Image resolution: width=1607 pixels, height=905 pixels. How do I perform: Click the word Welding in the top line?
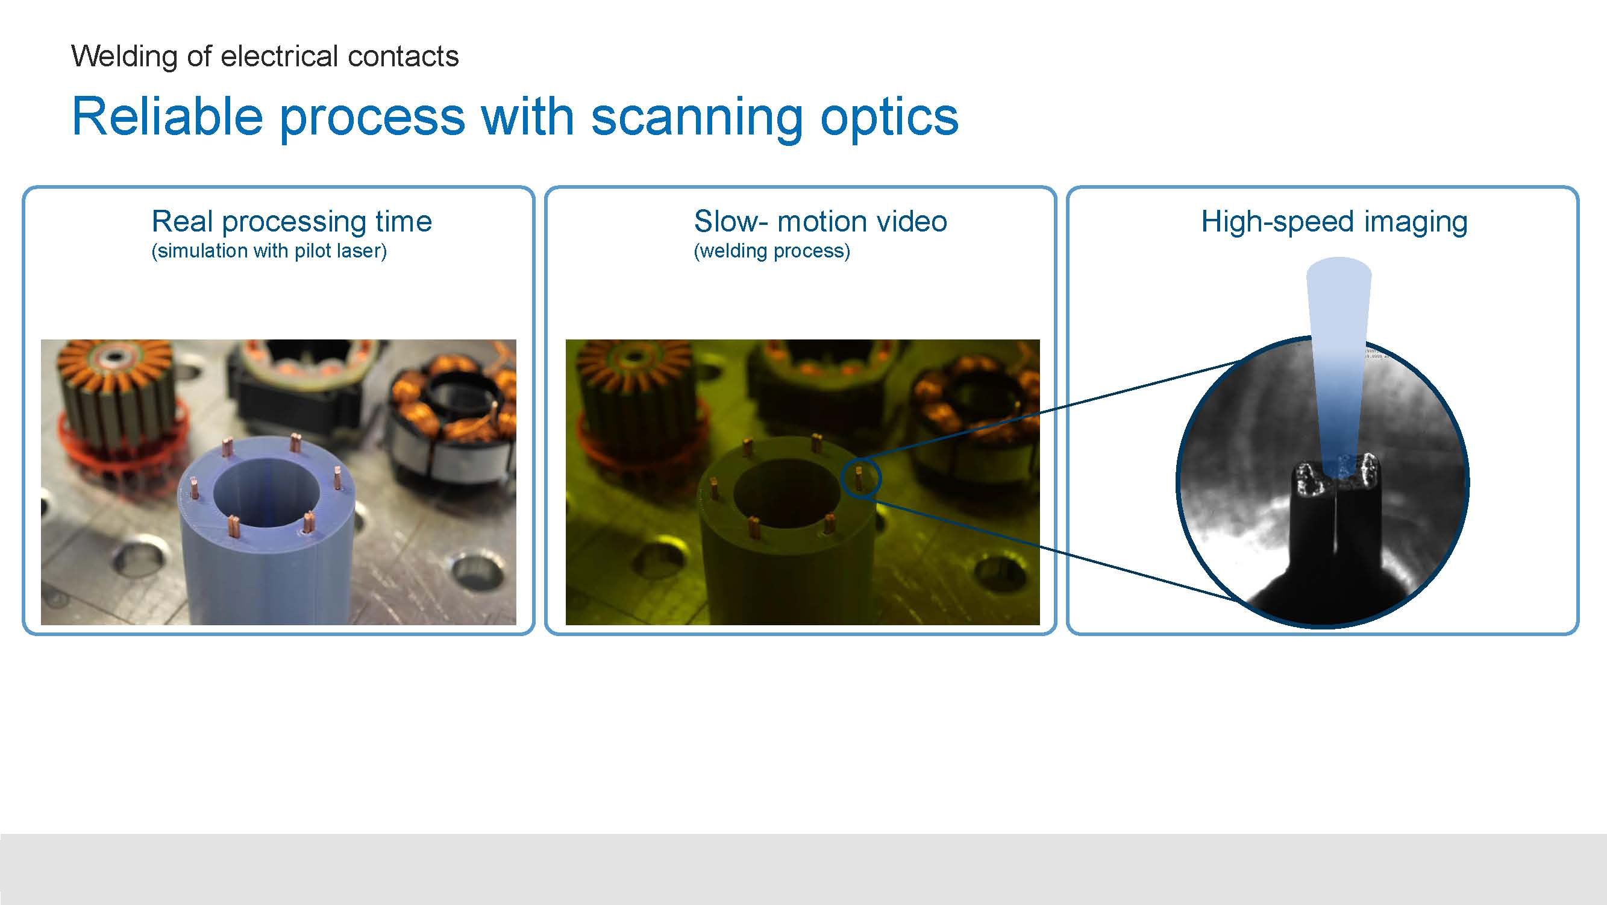click(x=124, y=57)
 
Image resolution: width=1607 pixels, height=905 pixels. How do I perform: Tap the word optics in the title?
click(x=889, y=118)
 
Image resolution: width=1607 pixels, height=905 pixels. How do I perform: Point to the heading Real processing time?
click(x=291, y=221)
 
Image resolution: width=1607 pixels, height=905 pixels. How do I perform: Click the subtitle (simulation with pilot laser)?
click(x=269, y=251)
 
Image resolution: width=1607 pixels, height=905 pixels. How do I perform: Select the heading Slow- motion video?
click(x=820, y=221)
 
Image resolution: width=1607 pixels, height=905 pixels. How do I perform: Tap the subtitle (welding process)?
click(x=772, y=251)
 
